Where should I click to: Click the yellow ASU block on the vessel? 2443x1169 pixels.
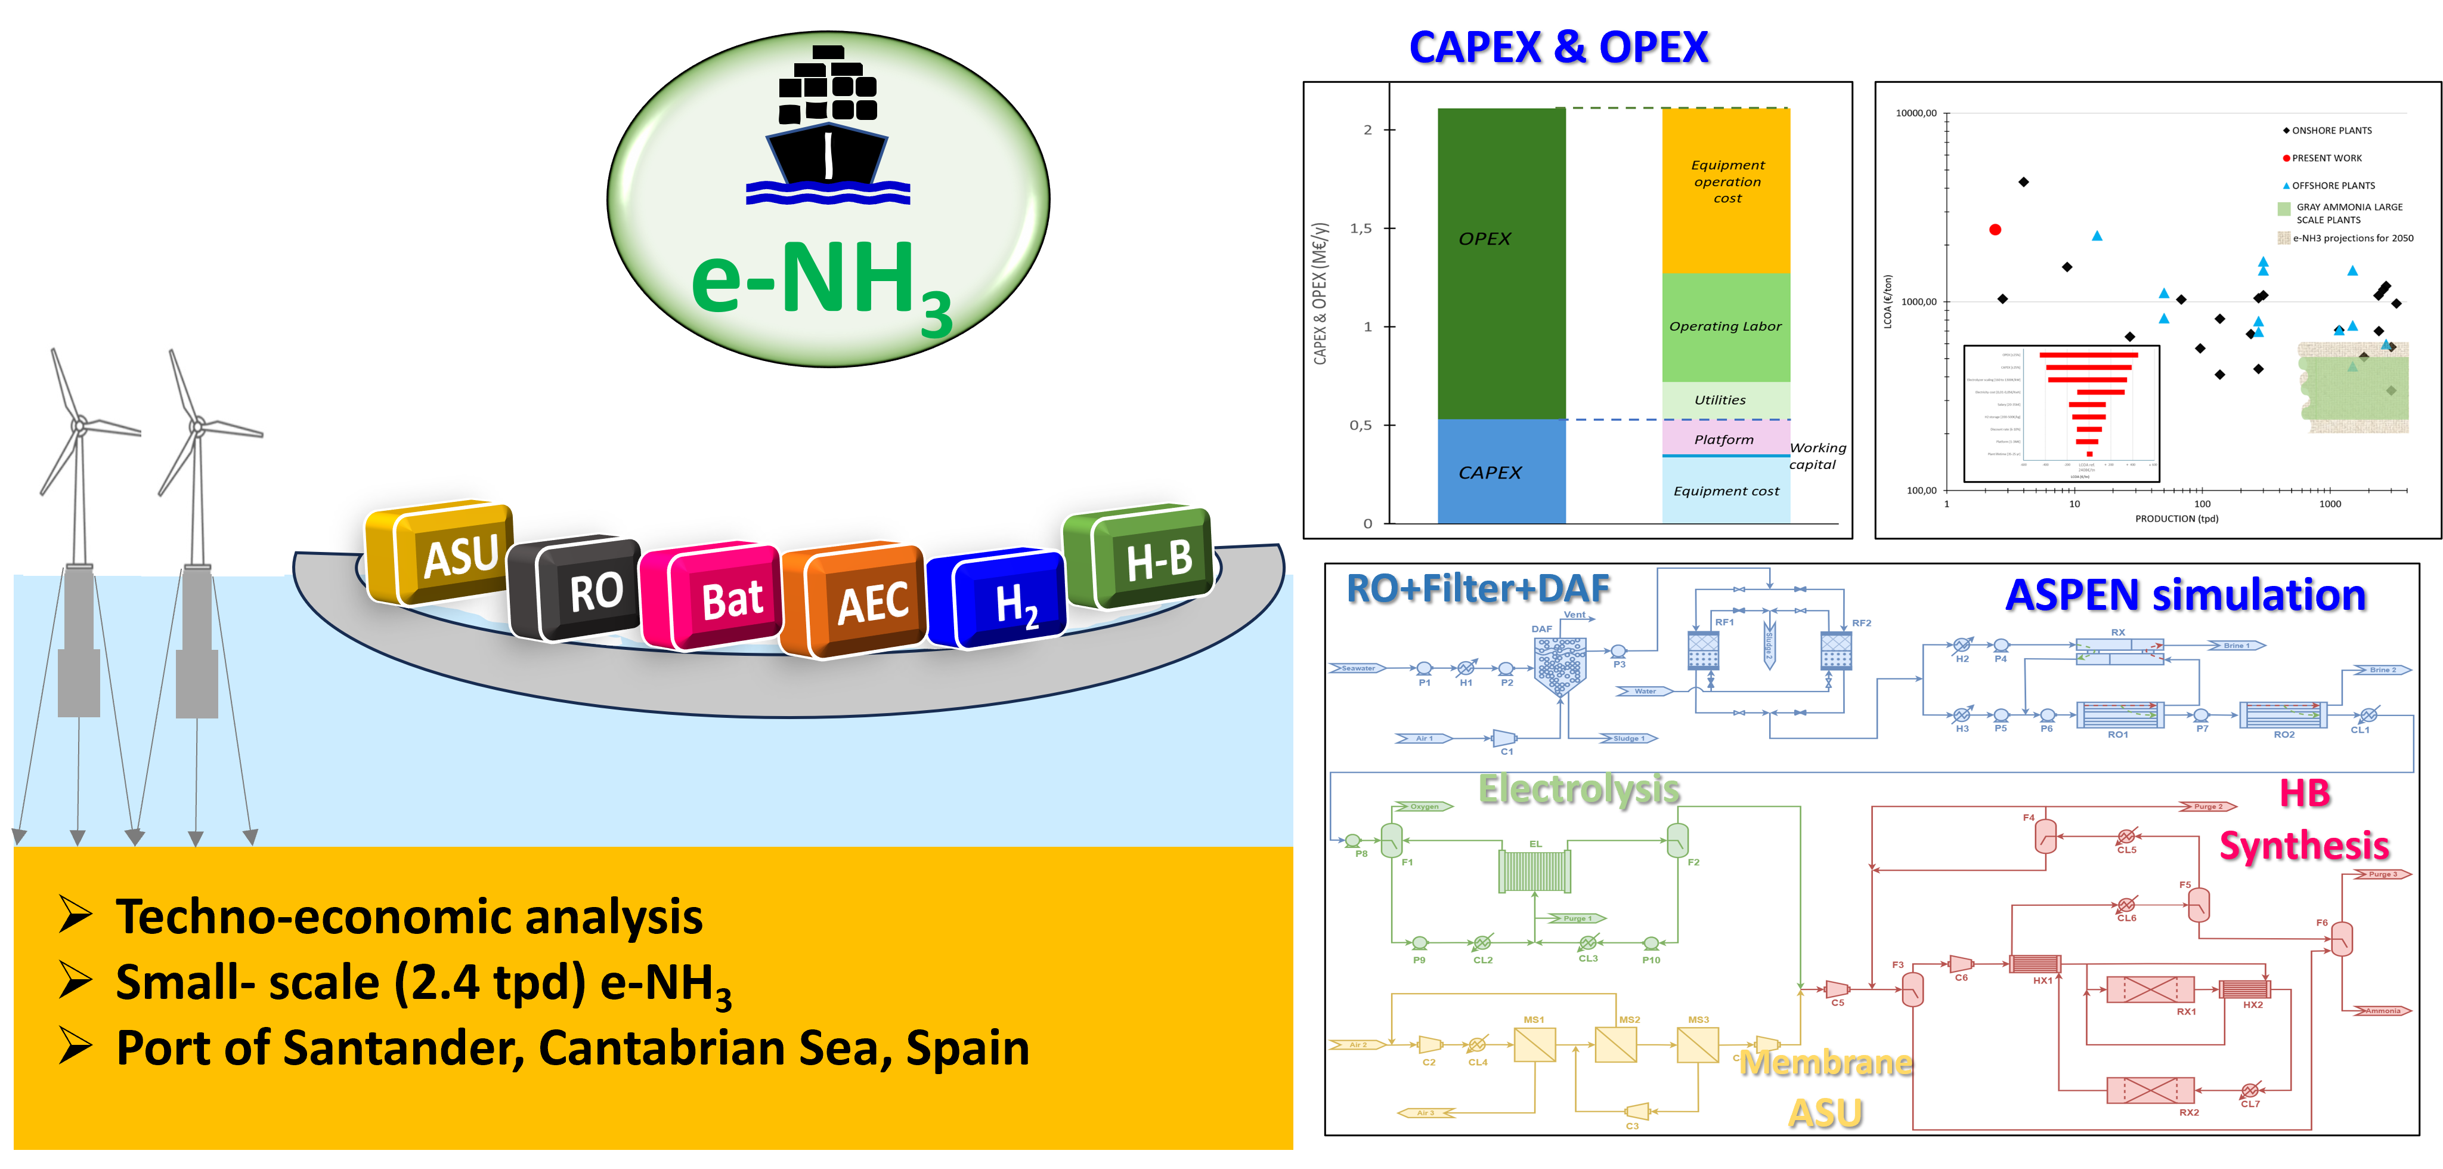coord(446,553)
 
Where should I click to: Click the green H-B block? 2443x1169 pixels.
coord(1142,557)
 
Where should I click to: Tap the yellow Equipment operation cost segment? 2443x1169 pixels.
coord(1726,190)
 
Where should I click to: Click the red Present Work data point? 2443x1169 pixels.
coord(1995,230)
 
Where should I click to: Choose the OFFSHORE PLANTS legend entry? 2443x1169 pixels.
coord(2333,186)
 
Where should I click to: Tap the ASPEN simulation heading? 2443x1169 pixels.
coord(2185,595)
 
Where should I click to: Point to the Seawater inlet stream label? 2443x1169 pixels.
coord(1358,668)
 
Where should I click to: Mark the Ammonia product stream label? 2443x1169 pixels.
coord(2382,1010)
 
